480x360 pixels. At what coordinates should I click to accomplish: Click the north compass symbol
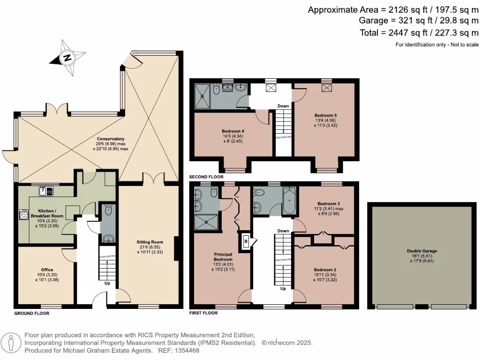pos(68,58)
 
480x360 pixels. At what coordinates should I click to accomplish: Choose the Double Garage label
pos(421,251)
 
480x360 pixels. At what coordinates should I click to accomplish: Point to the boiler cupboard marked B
pos(246,241)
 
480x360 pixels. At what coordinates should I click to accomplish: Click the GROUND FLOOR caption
pos(32,313)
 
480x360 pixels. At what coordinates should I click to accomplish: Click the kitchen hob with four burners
pos(23,215)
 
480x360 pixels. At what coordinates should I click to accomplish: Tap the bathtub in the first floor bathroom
pos(288,201)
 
